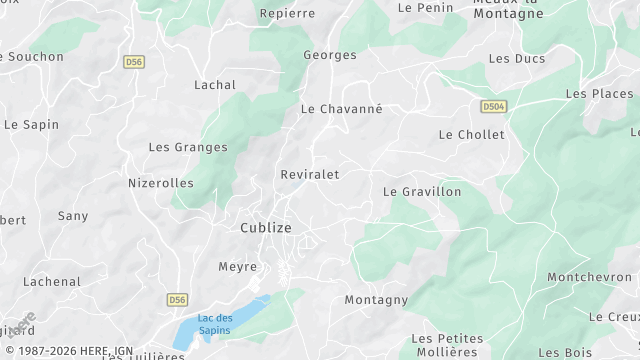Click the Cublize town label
coord(266,228)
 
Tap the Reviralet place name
coord(310,174)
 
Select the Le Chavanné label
coord(342,108)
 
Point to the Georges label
coord(330,55)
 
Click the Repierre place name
coord(287,13)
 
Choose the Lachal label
coord(215,85)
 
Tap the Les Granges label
coord(188,147)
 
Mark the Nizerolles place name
coord(161,183)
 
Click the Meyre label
coord(238,267)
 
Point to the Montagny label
coord(376,300)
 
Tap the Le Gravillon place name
coord(423,191)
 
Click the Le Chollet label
coord(472,134)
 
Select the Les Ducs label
coord(517,59)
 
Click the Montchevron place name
coord(589,277)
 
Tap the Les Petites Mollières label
coord(445,344)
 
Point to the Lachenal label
coord(52,282)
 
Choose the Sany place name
coord(73,216)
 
